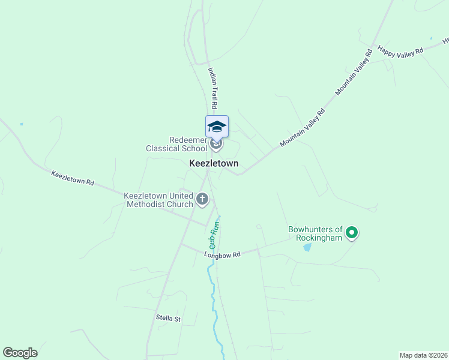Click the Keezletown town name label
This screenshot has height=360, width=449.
point(214,163)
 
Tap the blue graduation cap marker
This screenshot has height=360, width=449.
point(217,126)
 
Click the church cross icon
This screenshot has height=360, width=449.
point(203,199)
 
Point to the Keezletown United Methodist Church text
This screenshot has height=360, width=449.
point(158,200)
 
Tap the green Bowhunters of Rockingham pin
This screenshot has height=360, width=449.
point(352,232)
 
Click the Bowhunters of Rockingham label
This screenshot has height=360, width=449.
point(315,233)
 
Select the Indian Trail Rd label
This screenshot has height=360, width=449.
point(213,83)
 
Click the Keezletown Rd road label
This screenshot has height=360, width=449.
point(73,178)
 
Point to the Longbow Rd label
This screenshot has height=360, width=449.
point(222,254)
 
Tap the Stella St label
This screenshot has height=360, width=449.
point(168,318)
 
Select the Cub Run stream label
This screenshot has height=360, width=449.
point(213,235)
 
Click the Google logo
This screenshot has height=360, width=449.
point(20,353)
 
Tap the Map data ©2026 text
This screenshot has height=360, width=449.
point(423,355)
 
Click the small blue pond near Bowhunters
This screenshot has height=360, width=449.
point(307,247)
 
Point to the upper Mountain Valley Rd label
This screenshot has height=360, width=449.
point(354,72)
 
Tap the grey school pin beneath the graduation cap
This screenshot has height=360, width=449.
point(217,144)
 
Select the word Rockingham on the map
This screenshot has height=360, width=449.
point(319,238)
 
